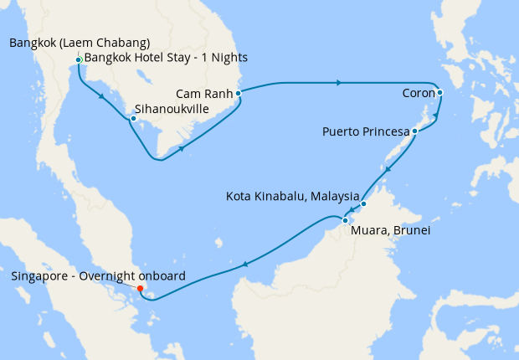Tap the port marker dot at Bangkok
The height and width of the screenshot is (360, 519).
click(78, 59)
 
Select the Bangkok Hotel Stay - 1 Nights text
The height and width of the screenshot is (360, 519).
click(166, 58)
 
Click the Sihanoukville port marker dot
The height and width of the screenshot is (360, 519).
click(133, 118)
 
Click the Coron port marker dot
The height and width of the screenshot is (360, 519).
click(439, 93)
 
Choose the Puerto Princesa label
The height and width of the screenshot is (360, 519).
click(366, 131)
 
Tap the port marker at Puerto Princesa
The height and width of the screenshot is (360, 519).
click(414, 131)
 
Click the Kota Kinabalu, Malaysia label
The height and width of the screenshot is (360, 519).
click(292, 197)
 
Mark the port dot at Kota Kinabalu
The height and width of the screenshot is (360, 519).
click(363, 203)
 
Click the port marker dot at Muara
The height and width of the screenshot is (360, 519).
click(345, 219)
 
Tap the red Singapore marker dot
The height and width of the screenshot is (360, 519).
click(141, 289)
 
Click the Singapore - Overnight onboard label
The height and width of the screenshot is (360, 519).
click(98, 275)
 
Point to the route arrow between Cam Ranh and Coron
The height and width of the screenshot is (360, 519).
click(338, 83)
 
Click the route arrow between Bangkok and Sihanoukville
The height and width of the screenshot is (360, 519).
click(102, 96)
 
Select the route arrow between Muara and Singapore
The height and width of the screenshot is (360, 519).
click(244, 265)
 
